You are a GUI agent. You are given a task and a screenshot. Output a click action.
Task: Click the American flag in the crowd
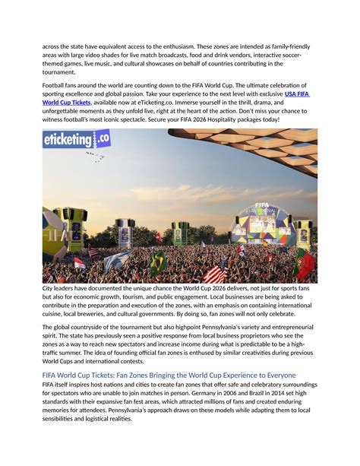[215, 271]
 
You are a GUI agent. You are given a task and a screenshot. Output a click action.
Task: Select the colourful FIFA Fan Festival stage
[262, 220]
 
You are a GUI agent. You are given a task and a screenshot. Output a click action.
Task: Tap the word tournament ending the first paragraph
[62, 73]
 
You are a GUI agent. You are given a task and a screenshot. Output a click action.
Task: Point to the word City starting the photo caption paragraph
[49, 290]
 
